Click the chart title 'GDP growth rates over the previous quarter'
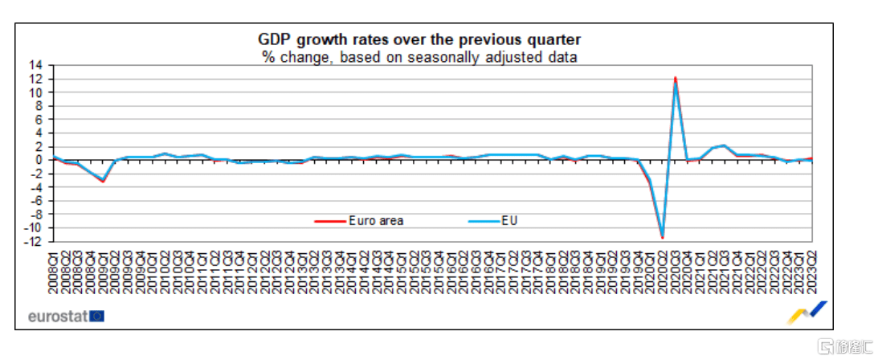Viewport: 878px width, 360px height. click(x=419, y=39)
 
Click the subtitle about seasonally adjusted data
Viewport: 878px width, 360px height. click(x=419, y=56)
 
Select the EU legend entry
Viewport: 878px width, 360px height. click(x=509, y=220)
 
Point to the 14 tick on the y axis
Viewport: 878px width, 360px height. click(x=36, y=65)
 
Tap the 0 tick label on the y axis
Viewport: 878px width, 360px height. click(x=40, y=159)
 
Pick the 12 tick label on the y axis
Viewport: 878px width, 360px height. click(x=36, y=79)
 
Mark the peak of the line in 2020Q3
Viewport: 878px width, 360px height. click(x=676, y=78)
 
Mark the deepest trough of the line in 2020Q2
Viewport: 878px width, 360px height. click(x=663, y=237)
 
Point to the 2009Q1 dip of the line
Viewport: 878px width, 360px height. click(x=102, y=181)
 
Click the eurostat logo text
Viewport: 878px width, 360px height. click(x=57, y=316)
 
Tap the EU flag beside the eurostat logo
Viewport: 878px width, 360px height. click(x=96, y=316)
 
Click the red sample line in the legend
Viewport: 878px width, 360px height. click(x=329, y=220)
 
